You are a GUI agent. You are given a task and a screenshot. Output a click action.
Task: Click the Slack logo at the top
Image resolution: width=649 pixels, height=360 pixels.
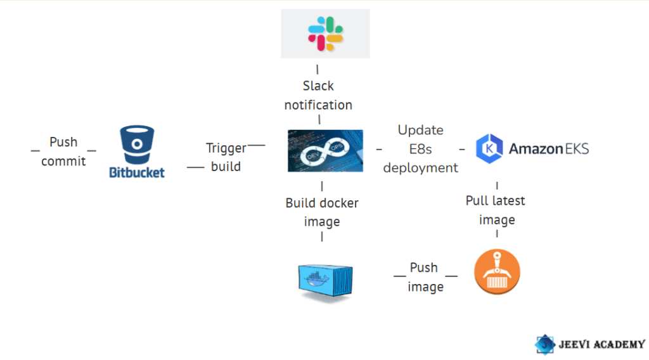tap(325, 33)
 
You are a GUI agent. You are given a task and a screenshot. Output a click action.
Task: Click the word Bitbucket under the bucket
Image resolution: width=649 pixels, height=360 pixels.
tap(136, 172)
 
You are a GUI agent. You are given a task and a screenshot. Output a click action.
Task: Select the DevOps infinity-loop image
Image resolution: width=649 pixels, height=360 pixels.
tap(325, 151)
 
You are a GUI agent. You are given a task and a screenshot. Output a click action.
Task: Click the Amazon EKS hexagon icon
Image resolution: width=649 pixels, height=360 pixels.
tap(489, 149)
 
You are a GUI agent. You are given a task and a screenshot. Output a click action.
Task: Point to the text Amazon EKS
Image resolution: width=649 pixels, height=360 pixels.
tap(548, 149)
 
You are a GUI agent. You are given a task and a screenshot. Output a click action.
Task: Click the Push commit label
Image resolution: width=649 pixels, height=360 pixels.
tap(63, 151)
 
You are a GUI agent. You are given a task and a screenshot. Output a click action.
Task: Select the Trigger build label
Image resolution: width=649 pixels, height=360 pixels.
tap(226, 157)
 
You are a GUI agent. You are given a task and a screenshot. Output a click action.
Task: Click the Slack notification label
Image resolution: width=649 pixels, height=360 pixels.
tap(318, 95)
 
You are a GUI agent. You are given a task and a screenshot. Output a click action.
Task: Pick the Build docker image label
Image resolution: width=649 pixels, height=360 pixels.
tap(322, 212)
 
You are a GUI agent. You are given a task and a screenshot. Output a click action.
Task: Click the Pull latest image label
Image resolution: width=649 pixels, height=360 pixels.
tap(496, 210)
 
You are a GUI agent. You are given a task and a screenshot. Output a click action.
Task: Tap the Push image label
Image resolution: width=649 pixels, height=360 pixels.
tap(425, 277)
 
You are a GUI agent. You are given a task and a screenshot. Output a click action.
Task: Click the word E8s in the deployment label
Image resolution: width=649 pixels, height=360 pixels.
tap(421, 149)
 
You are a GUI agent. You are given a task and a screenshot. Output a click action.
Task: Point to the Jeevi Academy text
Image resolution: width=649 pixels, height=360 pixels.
tap(601, 344)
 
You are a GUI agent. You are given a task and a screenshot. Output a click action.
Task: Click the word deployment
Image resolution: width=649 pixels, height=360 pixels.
tap(421, 168)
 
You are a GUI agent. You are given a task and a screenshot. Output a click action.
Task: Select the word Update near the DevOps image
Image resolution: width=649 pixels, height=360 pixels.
tap(421, 130)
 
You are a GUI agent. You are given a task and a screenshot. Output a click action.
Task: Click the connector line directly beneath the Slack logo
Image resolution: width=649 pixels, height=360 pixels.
tap(318, 69)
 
